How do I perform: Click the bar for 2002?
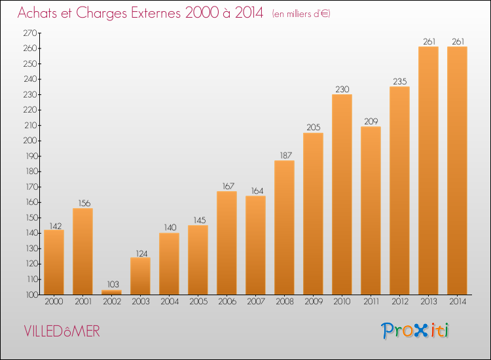111,293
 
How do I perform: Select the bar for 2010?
342,194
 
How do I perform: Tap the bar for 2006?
227,243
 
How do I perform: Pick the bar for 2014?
457,171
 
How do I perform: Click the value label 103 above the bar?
113,284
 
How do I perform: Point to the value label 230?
342,89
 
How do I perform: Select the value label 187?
285,155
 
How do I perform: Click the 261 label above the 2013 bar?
429,42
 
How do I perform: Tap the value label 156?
84,203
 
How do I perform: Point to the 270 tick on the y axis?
30,33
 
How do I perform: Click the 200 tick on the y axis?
30,141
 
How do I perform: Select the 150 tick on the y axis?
31,217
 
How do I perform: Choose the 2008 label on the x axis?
285,302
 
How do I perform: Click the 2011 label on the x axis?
371,302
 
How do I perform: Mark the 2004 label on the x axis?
170,302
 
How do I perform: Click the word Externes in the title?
156,12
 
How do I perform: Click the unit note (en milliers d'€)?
301,14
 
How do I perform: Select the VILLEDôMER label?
62,331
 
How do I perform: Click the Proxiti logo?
415,331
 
